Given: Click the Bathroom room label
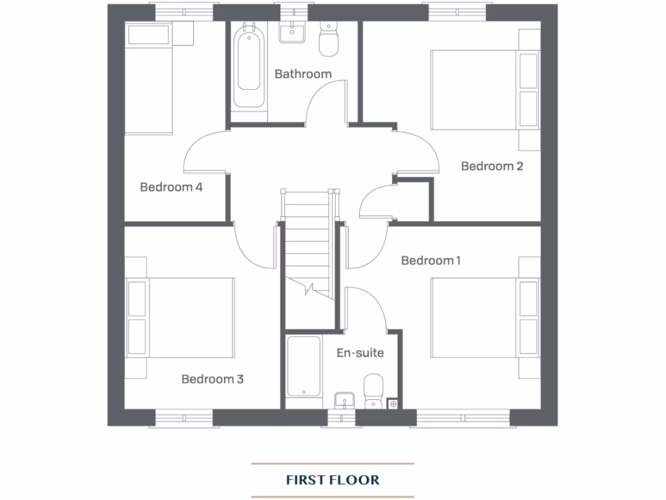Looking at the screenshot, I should click(x=302, y=74).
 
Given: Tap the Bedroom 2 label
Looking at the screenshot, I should click(x=492, y=166).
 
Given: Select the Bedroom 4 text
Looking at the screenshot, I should click(x=171, y=187).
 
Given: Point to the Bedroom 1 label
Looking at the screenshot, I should click(x=431, y=260).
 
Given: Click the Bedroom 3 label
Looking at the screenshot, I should click(x=212, y=379).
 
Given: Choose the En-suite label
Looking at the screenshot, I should click(x=360, y=354).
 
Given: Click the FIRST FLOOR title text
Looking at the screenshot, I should click(x=332, y=480).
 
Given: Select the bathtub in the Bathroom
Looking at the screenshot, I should click(x=250, y=65).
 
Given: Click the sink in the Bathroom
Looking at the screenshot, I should click(x=292, y=33).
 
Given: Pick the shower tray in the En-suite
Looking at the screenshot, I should click(x=304, y=368).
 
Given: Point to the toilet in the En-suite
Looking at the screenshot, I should click(x=373, y=391).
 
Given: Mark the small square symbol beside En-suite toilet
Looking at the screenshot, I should click(x=392, y=404).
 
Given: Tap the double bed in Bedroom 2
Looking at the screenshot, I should click(x=485, y=91).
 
